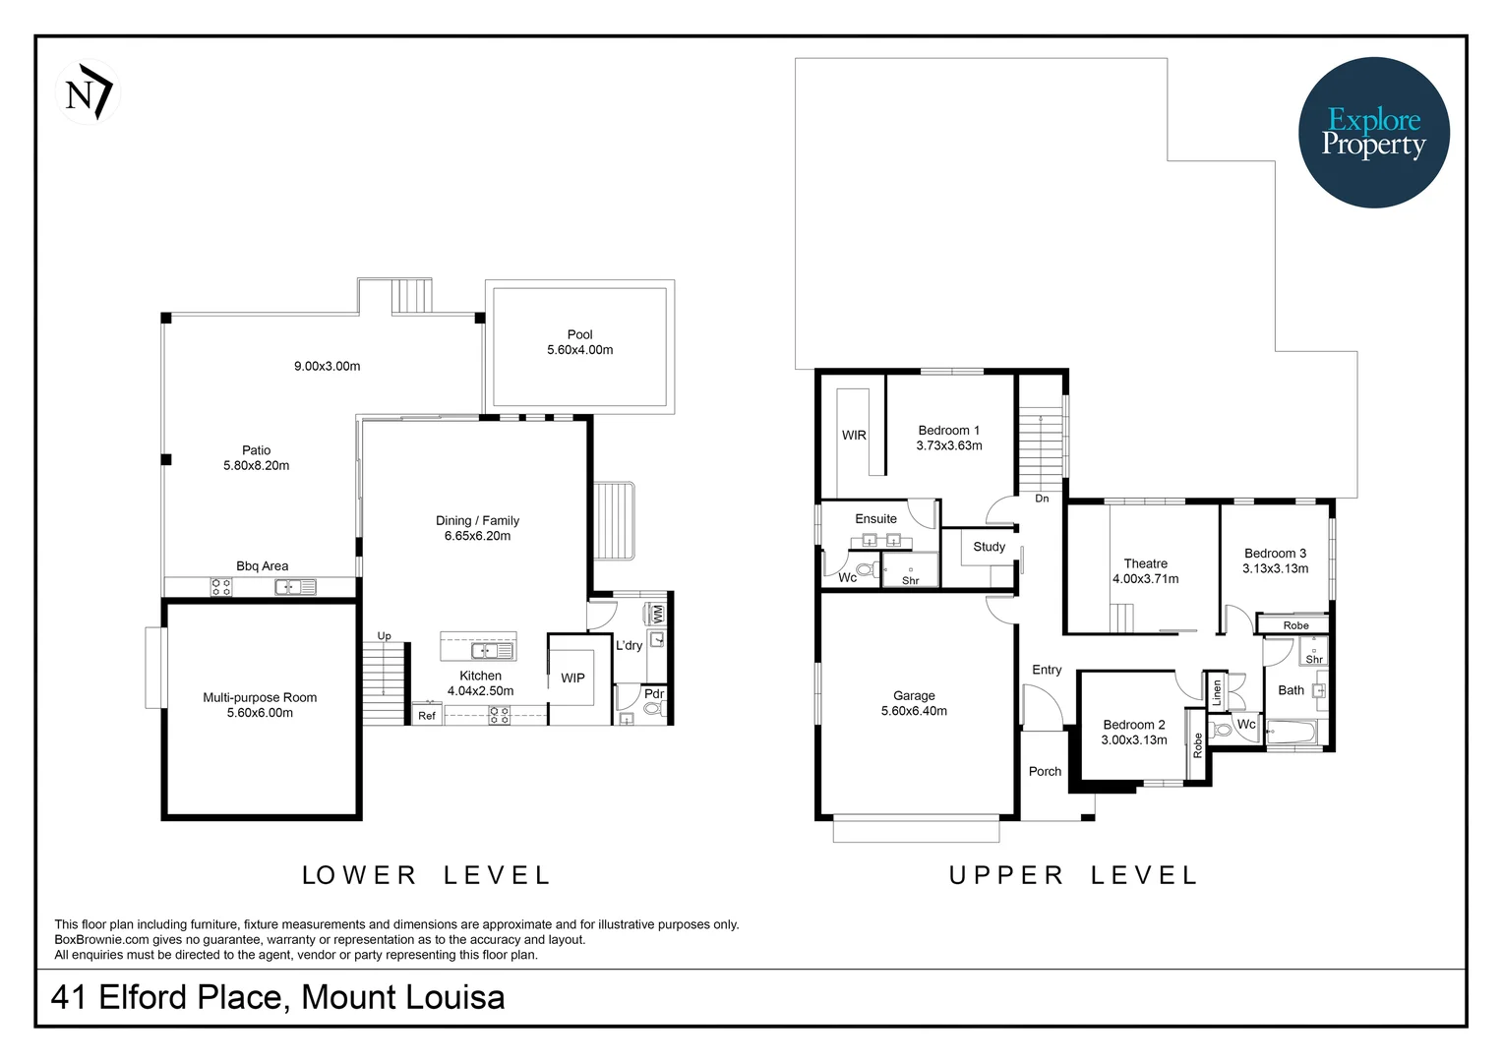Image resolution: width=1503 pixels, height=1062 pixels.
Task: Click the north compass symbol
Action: coord(89,92)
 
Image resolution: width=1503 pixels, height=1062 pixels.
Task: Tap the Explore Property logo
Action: coord(1373,133)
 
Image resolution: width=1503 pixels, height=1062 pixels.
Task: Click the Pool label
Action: coord(579,334)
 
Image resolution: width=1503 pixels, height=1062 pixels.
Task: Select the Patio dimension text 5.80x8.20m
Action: coord(256,466)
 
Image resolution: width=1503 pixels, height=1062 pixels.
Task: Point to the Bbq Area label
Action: coord(262,566)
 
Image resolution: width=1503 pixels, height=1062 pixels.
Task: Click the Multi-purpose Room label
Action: coord(260,697)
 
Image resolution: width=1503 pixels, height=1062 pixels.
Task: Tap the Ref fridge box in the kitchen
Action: coord(427,716)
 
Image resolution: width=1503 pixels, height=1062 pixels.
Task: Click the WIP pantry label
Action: coord(572,678)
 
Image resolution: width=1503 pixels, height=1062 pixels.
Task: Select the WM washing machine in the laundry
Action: coord(658,614)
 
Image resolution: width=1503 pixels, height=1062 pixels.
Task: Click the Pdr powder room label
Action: coord(654,693)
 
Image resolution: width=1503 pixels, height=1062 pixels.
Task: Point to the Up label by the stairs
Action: coord(384,636)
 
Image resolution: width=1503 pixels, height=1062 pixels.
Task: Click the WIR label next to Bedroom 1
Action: coord(854,436)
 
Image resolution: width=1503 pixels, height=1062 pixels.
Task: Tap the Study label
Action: coord(989,547)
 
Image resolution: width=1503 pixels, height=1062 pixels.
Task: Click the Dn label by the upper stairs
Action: coord(1042,499)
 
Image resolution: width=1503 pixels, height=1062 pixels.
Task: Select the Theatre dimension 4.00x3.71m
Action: coord(1145,579)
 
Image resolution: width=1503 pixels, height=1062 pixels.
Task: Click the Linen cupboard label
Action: coord(1217,691)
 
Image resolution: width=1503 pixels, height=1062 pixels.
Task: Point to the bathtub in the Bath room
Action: coord(1291,733)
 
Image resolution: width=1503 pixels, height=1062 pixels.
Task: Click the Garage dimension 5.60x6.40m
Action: coord(914,711)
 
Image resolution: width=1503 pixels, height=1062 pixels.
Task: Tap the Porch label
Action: coord(1045,772)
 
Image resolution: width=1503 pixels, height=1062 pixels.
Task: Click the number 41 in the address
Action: coord(69,997)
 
